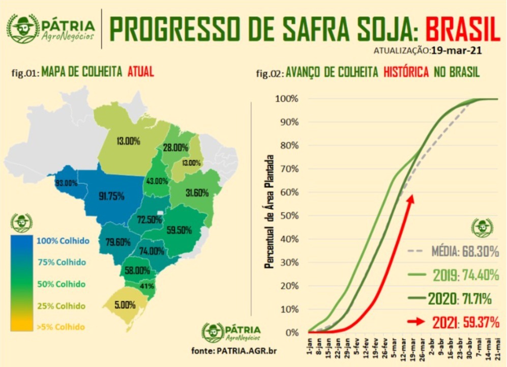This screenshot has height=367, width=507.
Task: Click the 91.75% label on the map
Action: point(111,196)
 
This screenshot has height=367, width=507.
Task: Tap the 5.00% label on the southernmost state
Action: point(125,305)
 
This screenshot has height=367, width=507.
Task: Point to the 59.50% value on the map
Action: point(178,230)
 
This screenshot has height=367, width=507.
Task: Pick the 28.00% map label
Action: point(175,147)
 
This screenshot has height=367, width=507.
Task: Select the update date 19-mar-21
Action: point(456,51)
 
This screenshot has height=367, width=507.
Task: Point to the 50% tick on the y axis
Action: point(288,215)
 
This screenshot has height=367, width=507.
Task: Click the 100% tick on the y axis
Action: point(287,98)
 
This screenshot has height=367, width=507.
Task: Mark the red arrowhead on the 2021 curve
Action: point(410,199)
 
